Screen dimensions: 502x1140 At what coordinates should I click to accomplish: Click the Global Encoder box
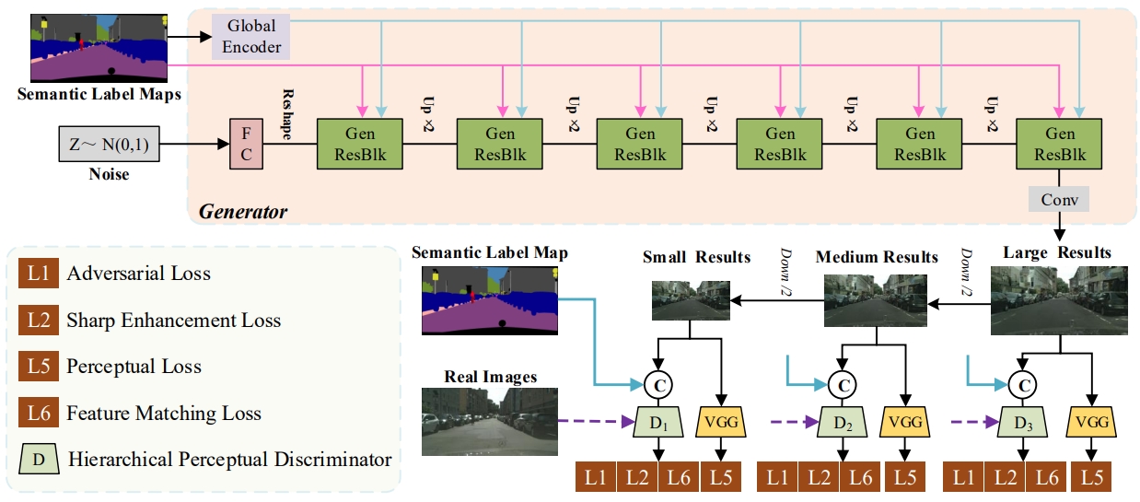pos(251,36)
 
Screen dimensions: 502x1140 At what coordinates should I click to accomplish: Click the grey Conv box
pos(1059,199)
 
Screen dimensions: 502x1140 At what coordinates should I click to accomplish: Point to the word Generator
pos(244,213)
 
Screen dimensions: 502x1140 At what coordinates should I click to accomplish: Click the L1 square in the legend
pos(38,274)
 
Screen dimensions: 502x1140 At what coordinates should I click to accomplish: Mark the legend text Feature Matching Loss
pos(163,414)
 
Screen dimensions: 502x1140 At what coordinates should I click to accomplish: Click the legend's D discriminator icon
pos(38,459)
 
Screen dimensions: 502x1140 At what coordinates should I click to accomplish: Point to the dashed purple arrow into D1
pos(597,423)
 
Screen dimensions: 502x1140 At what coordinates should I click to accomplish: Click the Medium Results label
pos(877,257)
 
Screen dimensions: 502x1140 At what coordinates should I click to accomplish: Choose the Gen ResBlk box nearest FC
pos(360,144)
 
